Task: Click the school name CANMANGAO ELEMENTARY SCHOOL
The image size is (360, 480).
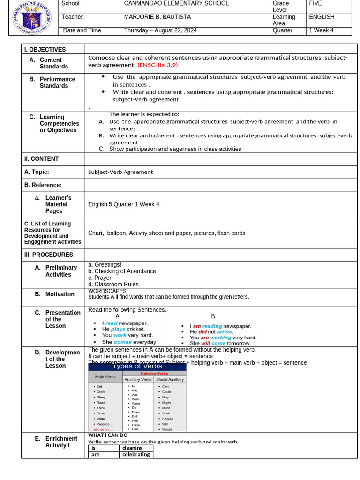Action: point(176,4)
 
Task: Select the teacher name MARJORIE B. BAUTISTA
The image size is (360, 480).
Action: point(157,17)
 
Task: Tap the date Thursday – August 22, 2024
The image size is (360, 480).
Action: point(160,30)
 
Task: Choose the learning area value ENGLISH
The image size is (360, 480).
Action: point(322,17)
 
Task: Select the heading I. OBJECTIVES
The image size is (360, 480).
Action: point(45,50)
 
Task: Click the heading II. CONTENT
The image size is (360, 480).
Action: point(42,159)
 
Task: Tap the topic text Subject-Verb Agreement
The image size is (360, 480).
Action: point(120,172)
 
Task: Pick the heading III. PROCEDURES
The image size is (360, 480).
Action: point(49,255)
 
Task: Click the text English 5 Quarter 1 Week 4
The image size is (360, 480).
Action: point(124,204)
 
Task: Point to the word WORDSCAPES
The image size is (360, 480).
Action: point(107,291)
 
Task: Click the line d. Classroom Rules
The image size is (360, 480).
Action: point(113,285)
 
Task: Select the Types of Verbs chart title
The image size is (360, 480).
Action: point(137,366)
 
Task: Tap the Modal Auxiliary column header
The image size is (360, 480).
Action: point(170,379)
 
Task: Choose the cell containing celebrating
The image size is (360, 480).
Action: point(136,454)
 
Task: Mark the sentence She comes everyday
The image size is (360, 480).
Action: point(130,342)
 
